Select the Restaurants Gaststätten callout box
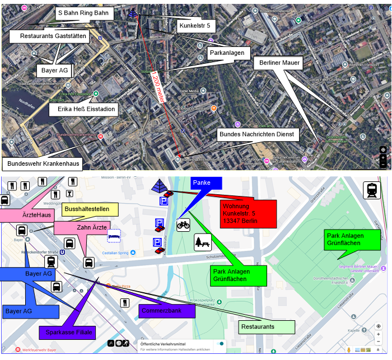coord(53,36)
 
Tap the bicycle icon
coord(184,225)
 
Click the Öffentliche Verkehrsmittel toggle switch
coord(221,344)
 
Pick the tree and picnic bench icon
coord(202,242)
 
